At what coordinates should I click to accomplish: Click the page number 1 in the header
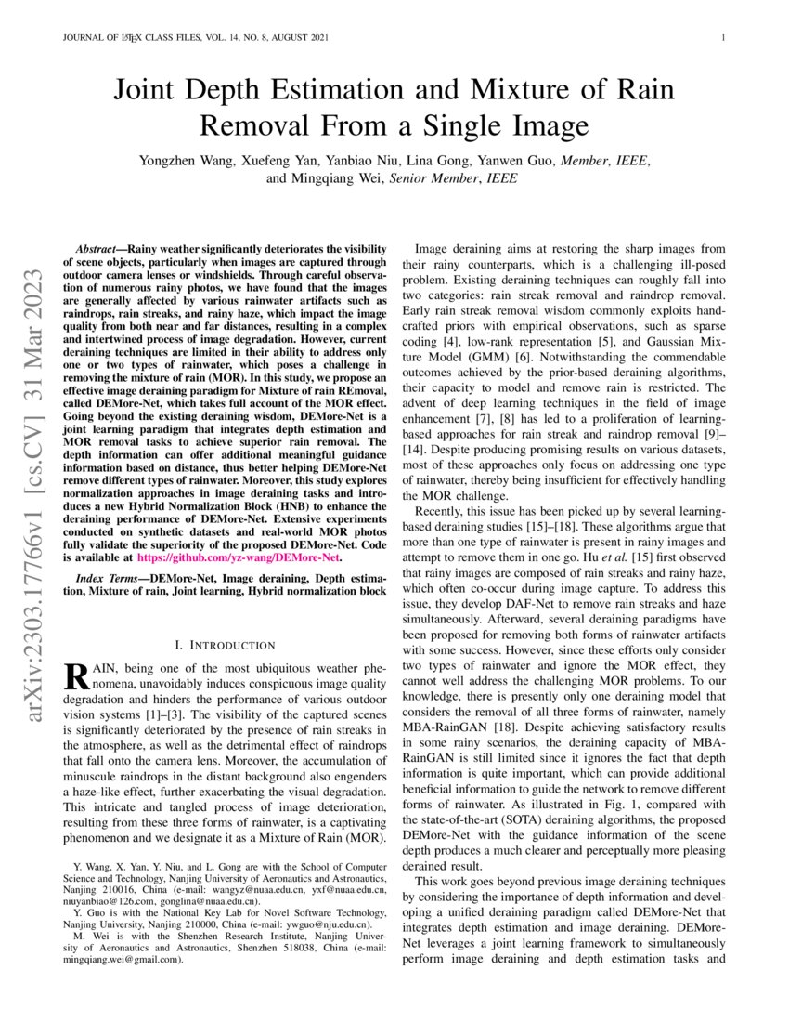[722, 38]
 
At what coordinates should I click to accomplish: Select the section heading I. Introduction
[225, 645]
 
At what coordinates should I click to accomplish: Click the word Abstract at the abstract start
[94, 250]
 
